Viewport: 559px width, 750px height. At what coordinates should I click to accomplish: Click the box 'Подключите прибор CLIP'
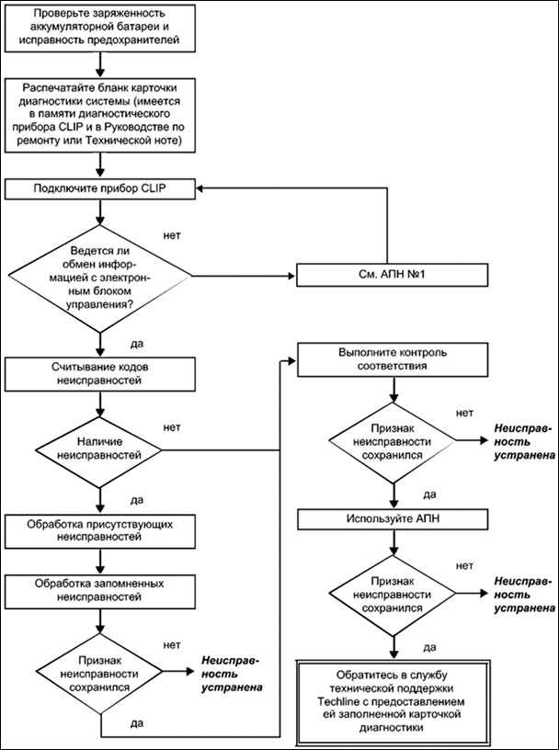(100, 188)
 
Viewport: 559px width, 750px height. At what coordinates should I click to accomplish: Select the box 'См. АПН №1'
(393, 276)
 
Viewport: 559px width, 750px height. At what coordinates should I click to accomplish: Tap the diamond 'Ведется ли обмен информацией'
(100, 278)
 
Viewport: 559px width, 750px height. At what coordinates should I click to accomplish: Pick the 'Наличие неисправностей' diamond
(100, 450)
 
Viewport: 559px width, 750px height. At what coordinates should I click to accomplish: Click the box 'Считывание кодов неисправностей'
(100, 374)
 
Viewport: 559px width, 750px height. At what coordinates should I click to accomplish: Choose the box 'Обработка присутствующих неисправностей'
(100, 531)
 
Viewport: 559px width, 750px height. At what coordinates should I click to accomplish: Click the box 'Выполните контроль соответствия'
(393, 360)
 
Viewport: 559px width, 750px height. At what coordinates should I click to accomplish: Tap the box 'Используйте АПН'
(393, 518)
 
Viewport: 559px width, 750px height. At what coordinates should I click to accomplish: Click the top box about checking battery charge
(100, 27)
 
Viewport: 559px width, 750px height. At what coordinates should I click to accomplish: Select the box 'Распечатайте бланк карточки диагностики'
(100, 115)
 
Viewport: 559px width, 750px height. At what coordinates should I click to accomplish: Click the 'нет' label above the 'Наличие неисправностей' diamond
(172, 427)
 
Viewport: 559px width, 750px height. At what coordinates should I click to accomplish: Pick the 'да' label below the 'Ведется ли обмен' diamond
(137, 344)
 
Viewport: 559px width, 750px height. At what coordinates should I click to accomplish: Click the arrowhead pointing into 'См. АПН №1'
(291, 276)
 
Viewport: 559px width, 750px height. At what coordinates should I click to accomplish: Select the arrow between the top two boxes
(100, 64)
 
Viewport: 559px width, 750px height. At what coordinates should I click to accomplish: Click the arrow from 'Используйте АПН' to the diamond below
(393, 542)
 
